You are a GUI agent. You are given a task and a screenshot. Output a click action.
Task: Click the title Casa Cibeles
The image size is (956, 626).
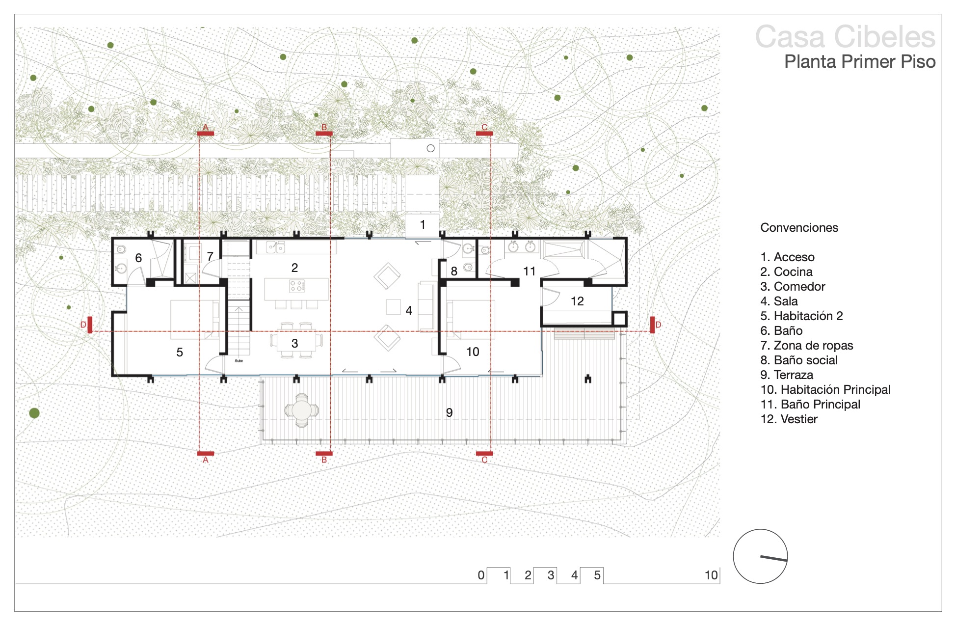coord(845,37)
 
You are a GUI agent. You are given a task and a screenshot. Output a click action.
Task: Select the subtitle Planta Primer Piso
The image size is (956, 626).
coord(860,62)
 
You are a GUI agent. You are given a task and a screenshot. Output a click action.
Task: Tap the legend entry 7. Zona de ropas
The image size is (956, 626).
coord(807,346)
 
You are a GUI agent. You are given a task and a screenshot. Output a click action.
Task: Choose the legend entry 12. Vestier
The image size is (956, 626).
coord(789,419)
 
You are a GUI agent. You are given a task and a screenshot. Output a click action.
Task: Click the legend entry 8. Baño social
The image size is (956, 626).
coord(799,360)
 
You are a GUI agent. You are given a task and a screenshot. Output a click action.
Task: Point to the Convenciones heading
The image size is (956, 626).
coord(799,228)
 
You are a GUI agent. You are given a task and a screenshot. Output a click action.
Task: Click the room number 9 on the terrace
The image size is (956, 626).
coord(449,413)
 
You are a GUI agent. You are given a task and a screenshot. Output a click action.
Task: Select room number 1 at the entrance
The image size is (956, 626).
coord(423,225)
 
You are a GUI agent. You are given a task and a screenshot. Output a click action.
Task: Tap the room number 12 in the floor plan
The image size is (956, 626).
coord(577,301)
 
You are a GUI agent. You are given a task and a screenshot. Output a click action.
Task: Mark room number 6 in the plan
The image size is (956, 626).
coord(138,258)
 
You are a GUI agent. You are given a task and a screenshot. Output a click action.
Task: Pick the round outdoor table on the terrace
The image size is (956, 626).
coord(301,410)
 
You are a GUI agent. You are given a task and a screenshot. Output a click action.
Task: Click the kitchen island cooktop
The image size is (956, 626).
coord(297,286)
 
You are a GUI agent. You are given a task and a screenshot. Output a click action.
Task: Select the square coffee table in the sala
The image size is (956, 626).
coord(393,307)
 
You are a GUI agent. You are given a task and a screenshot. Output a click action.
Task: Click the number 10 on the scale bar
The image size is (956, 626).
coord(711,575)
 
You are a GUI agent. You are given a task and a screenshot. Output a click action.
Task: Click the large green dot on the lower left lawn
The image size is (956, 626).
coord(34,413)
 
